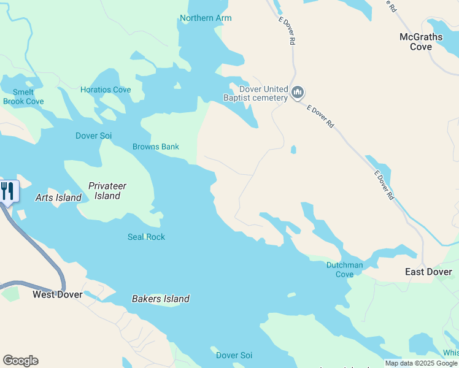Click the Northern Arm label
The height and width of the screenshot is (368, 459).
coord(206,18)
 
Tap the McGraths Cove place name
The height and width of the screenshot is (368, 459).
coord(421,42)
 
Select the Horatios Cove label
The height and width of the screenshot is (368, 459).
coord(106,90)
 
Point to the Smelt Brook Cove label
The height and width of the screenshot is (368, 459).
coord(23,97)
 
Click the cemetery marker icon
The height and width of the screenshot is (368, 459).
coord(298,93)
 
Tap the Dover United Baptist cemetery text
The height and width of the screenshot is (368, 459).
coord(255,93)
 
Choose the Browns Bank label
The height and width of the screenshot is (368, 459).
coord(156,147)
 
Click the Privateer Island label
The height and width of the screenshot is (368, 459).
coord(107,191)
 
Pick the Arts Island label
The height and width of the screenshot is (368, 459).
coord(58,197)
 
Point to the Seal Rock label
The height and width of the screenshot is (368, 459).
coord(146,237)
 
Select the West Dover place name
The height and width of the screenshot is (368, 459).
coord(58,294)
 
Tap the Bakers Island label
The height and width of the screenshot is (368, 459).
coord(161,299)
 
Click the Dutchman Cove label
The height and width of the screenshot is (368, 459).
coord(344,270)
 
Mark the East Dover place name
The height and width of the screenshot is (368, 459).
coord(428,272)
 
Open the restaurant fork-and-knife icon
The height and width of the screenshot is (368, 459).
coord(7,191)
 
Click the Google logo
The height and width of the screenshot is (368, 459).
coord(20,361)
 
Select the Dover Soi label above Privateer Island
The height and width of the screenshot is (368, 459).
coord(93,136)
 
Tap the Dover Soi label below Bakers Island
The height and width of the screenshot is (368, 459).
coord(234,355)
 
